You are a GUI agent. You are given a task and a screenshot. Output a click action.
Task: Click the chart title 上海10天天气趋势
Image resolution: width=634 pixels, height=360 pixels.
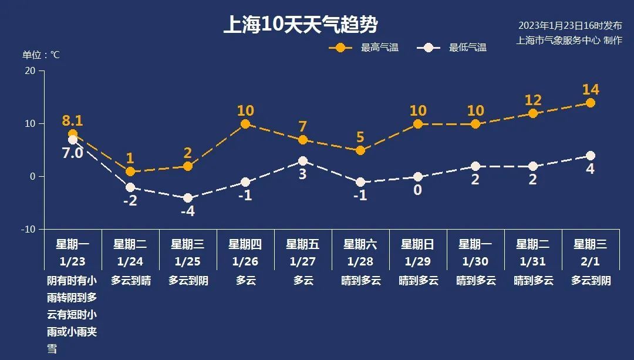[x=300, y=25]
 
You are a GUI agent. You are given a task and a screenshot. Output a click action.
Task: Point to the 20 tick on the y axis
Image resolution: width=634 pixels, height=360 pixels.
[x=29, y=71]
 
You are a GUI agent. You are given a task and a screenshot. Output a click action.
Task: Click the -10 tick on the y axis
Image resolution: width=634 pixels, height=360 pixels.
[x=28, y=229]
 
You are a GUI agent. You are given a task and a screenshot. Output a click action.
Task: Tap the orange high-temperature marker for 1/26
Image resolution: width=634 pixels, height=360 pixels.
[x=245, y=124]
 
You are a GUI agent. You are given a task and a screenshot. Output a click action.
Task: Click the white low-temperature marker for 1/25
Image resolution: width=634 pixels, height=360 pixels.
[x=188, y=198]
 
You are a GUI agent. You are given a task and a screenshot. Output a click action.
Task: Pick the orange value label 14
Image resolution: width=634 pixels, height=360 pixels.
[x=591, y=90]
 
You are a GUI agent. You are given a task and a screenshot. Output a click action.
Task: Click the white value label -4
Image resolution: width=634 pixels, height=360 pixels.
[x=187, y=211]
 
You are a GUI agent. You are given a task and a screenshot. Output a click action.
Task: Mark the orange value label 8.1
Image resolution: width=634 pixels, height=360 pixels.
[x=73, y=121]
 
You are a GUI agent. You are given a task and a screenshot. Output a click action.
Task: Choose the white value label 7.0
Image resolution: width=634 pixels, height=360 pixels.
[x=73, y=154]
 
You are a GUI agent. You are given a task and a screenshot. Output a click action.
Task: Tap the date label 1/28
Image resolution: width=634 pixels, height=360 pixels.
[x=360, y=261]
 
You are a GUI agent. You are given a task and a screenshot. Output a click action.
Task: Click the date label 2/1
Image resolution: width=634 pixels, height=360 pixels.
[x=591, y=261]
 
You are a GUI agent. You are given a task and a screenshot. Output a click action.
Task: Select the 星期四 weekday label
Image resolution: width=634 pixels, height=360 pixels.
[x=245, y=244]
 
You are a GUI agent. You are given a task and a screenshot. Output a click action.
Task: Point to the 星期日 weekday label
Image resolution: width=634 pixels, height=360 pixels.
[x=418, y=244]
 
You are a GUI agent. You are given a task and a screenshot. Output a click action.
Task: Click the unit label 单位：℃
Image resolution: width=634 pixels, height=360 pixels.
[x=41, y=55]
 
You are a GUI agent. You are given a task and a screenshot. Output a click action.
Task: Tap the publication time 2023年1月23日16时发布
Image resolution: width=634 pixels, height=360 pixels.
[x=570, y=26]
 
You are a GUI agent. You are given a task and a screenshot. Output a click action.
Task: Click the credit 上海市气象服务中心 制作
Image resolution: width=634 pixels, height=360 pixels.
[x=569, y=40]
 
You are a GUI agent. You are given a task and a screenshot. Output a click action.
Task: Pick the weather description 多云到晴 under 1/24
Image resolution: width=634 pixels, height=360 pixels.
[x=130, y=281]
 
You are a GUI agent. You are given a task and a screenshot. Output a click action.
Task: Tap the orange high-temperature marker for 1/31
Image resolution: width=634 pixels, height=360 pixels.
[x=533, y=113]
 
